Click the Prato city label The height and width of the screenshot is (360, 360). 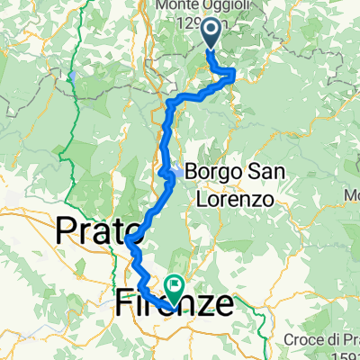point(95,232)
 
